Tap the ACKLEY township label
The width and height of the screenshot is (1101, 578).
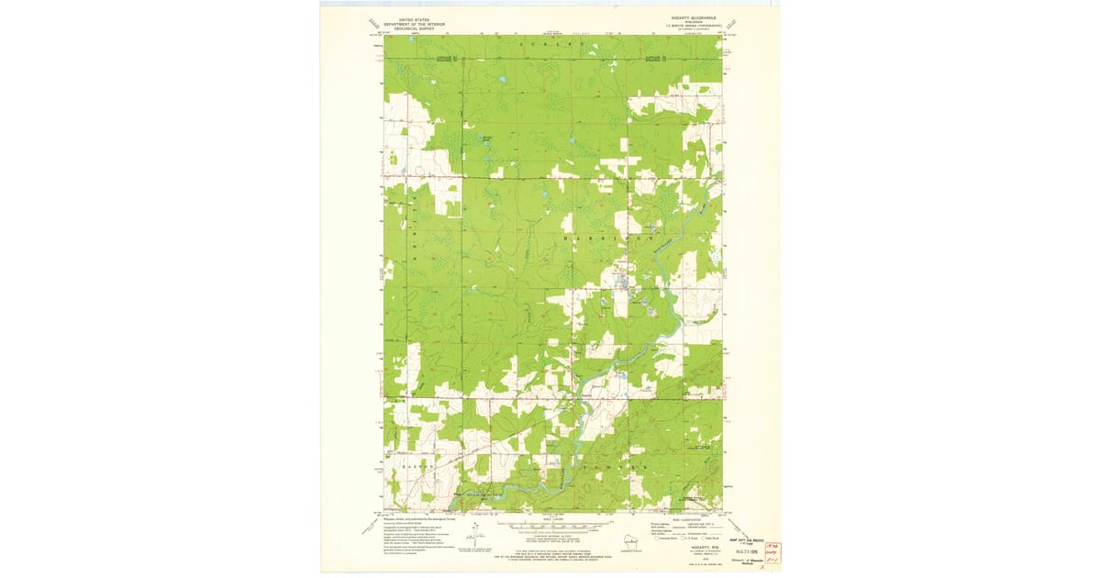550,44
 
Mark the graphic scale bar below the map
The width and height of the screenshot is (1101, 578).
550,528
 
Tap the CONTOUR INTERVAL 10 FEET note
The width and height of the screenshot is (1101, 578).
550,535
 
